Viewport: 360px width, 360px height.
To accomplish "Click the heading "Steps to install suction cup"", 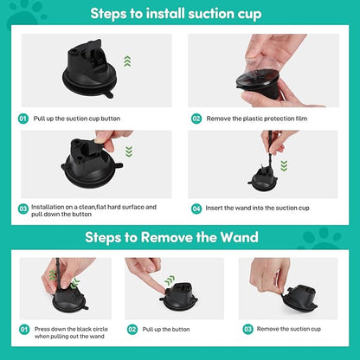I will (x=180, y=15).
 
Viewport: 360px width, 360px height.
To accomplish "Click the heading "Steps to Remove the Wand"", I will (x=179, y=236).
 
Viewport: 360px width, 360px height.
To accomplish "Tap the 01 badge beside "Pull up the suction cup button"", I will (x=23, y=118).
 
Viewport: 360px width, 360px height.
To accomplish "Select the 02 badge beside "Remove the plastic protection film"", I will (x=196, y=118).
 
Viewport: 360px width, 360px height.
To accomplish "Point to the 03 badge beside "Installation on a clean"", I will (x=23, y=209).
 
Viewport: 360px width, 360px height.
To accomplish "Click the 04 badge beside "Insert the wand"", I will (x=196, y=209).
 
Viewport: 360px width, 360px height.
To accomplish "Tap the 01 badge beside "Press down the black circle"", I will (x=23, y=330).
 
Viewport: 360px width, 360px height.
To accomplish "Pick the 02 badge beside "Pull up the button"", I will (x=132, y=330).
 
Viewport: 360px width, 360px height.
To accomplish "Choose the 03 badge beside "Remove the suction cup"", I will (x=247, y=330).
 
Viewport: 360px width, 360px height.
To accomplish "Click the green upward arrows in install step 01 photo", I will (x=126, y=61).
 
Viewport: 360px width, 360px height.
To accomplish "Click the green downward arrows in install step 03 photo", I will (x=128, y=151).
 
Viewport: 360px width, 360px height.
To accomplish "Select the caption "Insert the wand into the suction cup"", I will (x=258, y=209).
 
